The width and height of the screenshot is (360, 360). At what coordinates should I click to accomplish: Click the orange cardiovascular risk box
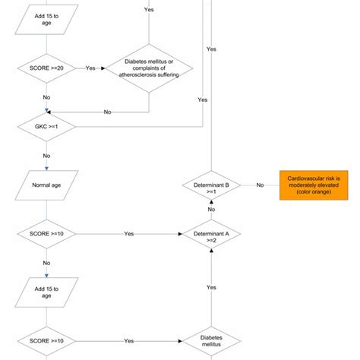(314, 185)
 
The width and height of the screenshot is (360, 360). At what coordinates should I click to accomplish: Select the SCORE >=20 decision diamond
(46, 68)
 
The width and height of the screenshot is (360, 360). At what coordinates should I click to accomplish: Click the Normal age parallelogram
(46, 185)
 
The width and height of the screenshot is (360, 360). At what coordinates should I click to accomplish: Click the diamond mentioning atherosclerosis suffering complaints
(149, 68)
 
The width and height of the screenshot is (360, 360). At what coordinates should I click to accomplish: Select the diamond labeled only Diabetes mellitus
(211, 342)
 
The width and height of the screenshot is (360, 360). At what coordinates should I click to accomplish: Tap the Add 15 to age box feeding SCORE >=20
(46, 17)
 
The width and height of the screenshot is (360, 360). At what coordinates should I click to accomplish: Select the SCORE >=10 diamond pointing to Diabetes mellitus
(46, 342)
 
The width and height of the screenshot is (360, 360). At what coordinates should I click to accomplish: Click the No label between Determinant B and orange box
(260, 185)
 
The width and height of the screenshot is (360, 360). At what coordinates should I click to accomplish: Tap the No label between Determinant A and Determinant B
(211, 209)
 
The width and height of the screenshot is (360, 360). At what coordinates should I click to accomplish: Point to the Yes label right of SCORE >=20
(91, 68)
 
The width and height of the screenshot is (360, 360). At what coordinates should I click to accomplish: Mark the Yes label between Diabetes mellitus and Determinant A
(211, 287)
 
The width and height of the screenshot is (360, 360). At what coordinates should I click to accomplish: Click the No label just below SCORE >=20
(46, 97)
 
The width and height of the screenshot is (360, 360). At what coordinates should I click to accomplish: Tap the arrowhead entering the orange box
(276, 185)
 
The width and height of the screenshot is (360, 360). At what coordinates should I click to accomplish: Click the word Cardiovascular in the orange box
(302, 178)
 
